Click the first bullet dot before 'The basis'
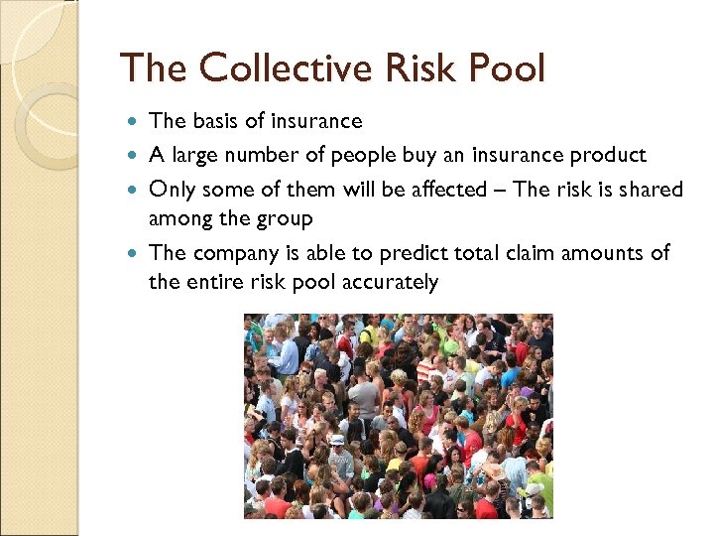click(135, 121)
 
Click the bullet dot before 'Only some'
click(135, 189)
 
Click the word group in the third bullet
click(286, 217)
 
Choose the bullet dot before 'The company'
click(135, 253)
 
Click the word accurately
click(390, 281)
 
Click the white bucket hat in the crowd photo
click(336, 440)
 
